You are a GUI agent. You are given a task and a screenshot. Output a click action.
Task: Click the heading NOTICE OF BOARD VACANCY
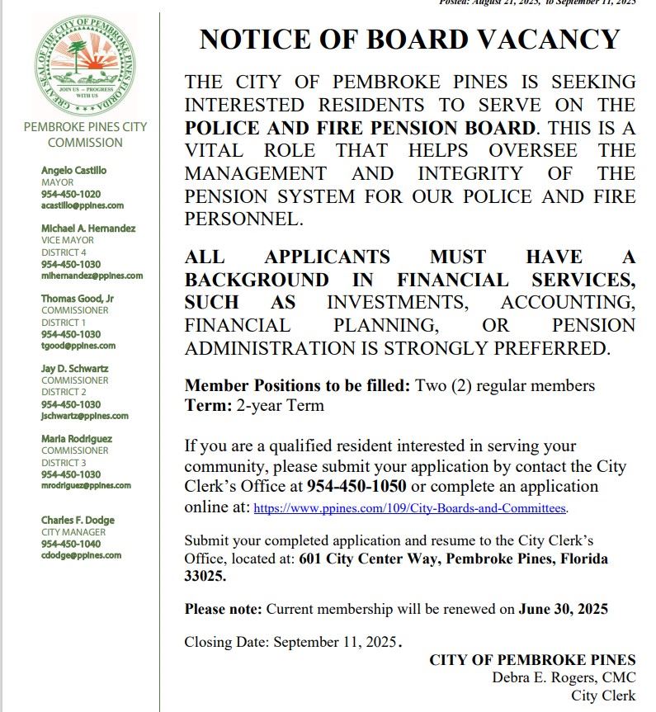[409, 39]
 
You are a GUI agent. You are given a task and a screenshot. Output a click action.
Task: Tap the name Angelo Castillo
[73, 170]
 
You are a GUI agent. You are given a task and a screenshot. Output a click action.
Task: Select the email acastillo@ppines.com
[83, 205]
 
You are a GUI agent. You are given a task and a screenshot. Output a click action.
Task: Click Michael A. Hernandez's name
[88, 228]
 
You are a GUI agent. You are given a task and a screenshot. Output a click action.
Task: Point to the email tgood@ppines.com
[78, 346]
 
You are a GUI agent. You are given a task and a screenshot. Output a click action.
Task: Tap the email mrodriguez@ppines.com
[86, 486]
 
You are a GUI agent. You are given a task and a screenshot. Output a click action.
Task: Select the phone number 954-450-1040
[71, 544]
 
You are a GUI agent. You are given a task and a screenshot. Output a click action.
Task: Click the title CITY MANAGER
[73, 532]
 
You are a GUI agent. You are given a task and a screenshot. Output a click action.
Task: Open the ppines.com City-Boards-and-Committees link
[410, 509]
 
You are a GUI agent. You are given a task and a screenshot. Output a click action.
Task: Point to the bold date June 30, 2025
[563, 610]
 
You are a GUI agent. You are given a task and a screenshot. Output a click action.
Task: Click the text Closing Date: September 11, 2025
[291, 642]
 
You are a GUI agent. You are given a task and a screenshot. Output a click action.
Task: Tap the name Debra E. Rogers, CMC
[564, 677]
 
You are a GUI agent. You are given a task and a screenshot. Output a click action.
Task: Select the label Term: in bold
[208, 405]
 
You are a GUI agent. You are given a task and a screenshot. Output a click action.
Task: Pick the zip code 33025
[205, 578]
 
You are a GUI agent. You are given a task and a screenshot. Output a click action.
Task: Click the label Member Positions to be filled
[297, 385]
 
